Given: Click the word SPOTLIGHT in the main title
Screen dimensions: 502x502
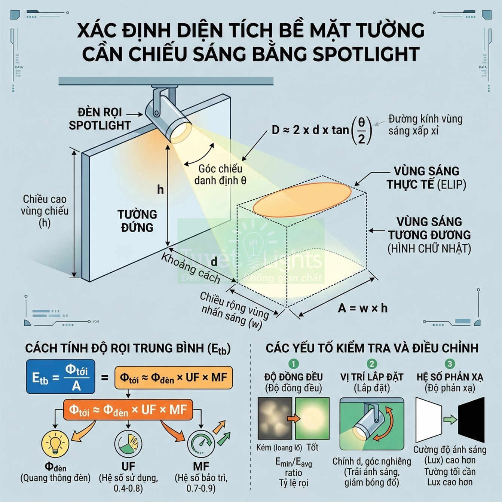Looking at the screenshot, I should (x=366, y=54).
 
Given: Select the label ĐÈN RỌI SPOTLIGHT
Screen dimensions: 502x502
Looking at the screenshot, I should (x=100, y=119).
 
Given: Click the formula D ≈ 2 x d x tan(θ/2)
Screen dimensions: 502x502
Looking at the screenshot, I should (x=321, y=130).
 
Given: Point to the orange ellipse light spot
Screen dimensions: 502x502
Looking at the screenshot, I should (x=302, y=199).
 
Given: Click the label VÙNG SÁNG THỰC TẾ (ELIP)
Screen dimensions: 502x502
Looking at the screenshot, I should (x=426, y=178).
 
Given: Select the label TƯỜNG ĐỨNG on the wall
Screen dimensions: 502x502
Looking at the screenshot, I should (x=137, y=221).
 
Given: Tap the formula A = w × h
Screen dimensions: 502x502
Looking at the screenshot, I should (x=362, y=308).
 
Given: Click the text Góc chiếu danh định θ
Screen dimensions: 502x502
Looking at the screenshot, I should (x=220, y=174).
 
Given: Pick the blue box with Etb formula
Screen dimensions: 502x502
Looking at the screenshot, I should (x=61, y=377).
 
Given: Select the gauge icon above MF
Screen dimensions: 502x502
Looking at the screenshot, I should (x=201, y=444).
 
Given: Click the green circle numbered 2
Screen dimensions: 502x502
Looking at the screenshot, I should (x=371, y=364).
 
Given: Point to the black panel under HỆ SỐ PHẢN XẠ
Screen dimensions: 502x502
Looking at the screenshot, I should (x=471, y=420).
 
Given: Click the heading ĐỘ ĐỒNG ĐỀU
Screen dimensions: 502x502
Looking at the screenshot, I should (x=293, y=377).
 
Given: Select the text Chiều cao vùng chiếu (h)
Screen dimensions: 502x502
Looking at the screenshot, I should (x=45, y=211).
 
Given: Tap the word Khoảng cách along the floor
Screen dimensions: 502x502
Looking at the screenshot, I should (x=190, y=268).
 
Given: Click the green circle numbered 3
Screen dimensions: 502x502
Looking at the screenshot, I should (x=450, y=364).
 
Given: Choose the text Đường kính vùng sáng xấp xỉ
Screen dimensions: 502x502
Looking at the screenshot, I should (x=425, y=125).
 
